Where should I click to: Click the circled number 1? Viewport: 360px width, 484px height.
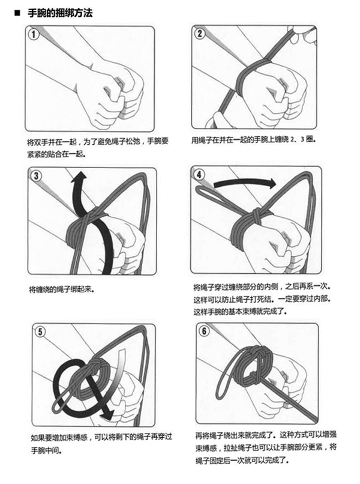coord(34,34)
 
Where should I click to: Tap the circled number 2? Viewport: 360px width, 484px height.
coord(200,34)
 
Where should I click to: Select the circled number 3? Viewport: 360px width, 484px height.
coord(37,176)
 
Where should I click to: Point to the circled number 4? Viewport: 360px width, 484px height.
coord(199,175)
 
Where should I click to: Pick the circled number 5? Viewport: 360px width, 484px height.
coord(40,332)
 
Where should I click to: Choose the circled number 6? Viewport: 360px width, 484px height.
coord(204,331)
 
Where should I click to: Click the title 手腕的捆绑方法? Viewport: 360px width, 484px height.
coord(60,13)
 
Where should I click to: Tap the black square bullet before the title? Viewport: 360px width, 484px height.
coord(17,13)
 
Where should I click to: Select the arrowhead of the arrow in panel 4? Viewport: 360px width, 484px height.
coord(271,183)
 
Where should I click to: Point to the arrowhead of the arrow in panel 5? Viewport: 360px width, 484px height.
coord(107,414)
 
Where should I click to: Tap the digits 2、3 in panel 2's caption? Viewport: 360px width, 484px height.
coord(298,139)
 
